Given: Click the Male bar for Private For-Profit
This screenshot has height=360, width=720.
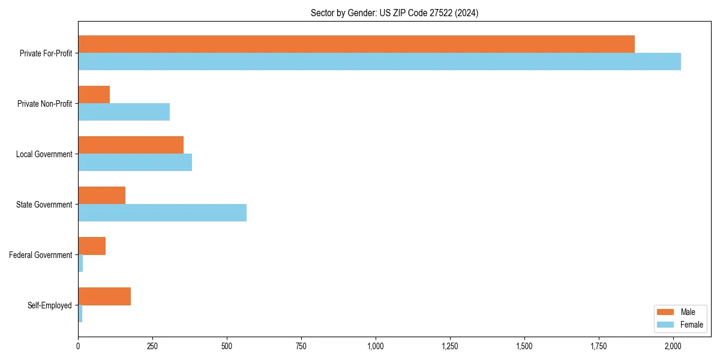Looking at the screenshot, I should point(356,44).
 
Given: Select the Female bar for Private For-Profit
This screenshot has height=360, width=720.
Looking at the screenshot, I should point(379,62).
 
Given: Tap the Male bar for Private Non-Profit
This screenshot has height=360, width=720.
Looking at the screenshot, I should point(94,95).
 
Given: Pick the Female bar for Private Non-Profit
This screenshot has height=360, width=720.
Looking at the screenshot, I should point(124,112).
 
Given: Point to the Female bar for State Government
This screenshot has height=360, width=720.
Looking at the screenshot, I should point(162,213).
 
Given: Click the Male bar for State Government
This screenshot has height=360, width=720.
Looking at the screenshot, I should point(102,196).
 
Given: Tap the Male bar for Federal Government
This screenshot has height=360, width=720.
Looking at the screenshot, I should point(92,246).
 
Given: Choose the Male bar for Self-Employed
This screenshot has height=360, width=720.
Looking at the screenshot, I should point(104,296).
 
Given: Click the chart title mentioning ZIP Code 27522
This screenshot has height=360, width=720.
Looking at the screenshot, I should point(394,13).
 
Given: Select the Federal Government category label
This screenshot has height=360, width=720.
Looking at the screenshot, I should point(41,255).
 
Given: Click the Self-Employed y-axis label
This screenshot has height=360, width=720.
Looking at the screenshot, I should point(50,305).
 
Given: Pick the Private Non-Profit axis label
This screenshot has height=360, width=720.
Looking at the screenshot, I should point(44,104).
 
